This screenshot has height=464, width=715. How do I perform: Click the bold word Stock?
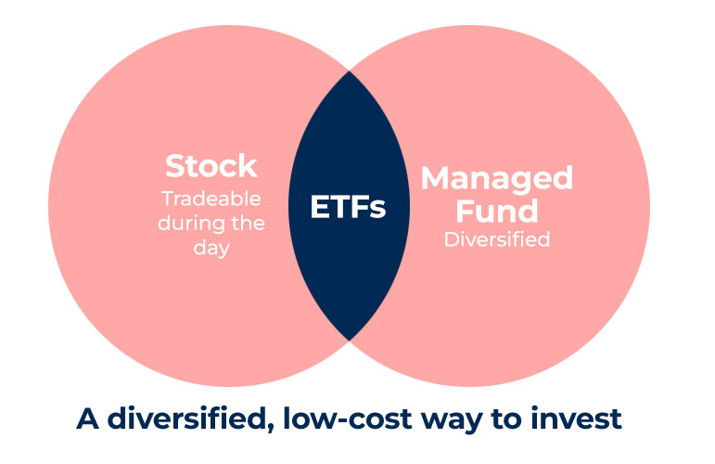click(211, 165)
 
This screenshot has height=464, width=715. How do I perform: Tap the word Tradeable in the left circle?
click(211, 199)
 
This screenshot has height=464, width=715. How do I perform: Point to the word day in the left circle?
click(211, 249)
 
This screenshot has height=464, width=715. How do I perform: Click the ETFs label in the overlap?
click(348, 207)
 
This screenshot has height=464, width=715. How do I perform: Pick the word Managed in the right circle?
click(496, 179)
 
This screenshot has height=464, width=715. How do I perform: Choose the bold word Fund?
click(496, 211)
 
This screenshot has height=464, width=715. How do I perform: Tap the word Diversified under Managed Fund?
click(497, 239)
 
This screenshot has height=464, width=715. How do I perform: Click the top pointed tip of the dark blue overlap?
click(350, 71)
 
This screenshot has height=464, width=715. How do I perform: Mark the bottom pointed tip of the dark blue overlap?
click(350, 340)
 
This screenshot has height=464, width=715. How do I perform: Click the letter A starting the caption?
click(87, 419)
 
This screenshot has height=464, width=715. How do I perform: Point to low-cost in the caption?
click(348, 419)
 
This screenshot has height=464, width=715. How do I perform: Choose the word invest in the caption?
click(576, 419)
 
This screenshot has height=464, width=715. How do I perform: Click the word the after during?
click(248, 223)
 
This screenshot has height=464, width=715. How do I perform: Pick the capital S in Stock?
click(173, 165)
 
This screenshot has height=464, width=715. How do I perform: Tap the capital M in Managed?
click(434, 177)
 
